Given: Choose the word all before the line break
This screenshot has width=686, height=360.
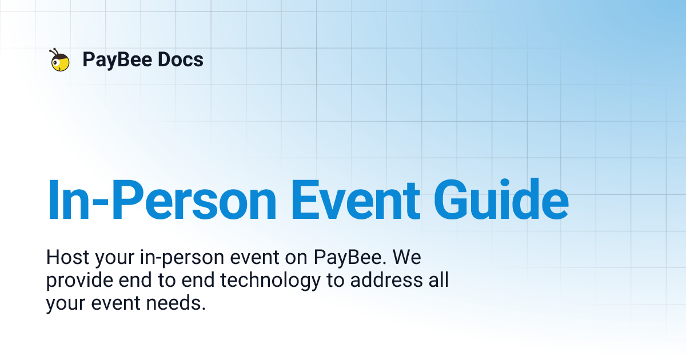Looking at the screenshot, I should coord(438,281).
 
